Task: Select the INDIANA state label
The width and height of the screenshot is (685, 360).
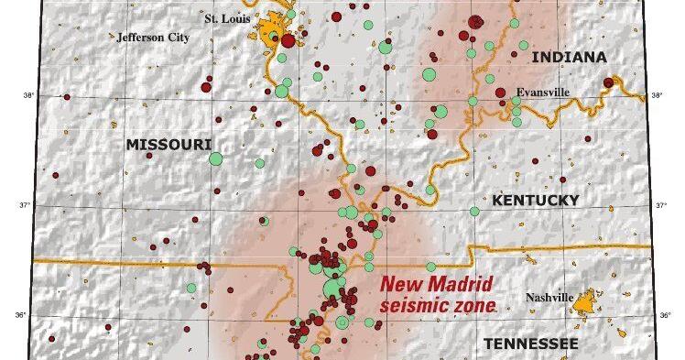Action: click(x=569, y=57)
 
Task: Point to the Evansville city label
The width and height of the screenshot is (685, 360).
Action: click(x=543, y=93)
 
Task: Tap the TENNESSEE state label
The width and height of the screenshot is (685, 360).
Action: click(x=531, y=343)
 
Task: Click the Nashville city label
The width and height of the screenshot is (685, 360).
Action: click(x=549, y=298)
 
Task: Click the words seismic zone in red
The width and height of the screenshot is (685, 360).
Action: click(x=438, y=304)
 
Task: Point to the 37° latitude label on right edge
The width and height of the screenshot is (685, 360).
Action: click(x=663, y=205)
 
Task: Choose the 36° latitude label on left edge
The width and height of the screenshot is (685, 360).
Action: click(x=27, y=317)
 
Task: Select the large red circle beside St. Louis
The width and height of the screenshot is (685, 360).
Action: click(x=288, y=40)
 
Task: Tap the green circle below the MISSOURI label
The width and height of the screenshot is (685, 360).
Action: click(x=216, y=159)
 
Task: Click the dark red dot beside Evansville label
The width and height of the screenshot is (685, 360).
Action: click(x=500, y=93)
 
